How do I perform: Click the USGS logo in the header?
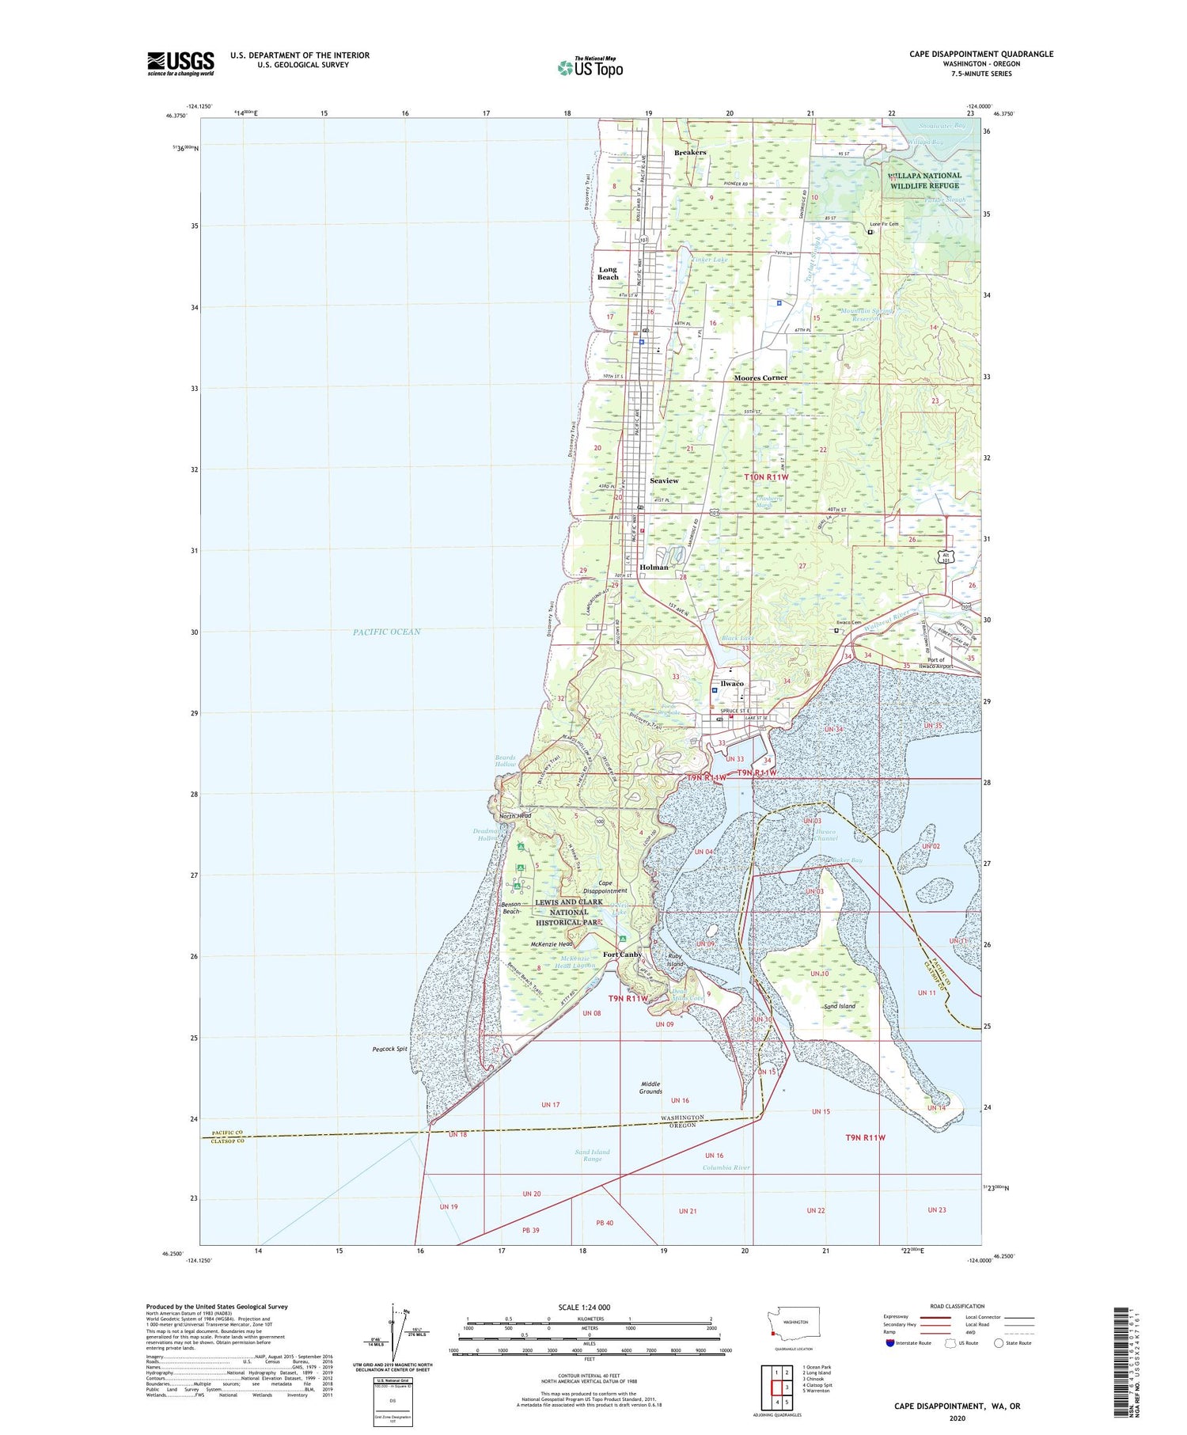pyautogui.click(x=180, y=63)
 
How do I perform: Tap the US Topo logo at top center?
pyautogui.click(x=590, y=67)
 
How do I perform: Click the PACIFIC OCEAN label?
pyautogui.click(x=387, y=632)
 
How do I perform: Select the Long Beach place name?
pyautogui.click(x=608, y=273)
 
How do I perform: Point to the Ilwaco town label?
pyautogui.click(x=731, y=683)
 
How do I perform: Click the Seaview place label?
pyautogui.click(x=664, y=480)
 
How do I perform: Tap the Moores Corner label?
pyautogui.click(x=760, y=378)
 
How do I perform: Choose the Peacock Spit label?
pyautogui.click(x=389, y=1049)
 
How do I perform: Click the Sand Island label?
pyautogui.click(x=840, y=1006)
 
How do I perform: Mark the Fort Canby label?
pyautogui.click(x=623, y=955)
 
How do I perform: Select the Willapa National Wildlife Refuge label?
pyautogui.click(x=924, y=180)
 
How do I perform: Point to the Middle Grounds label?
pyautogui.click(x=650, y=1088)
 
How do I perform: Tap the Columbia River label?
pyautogui.click(x=726, y=1167)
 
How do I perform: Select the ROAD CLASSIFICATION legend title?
pyautogui.click(x=958, y=1306)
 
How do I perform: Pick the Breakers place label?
pyautogui.click(x=690, y=152)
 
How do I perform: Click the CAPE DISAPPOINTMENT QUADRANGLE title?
pyautogui.click(x=981, y=54)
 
